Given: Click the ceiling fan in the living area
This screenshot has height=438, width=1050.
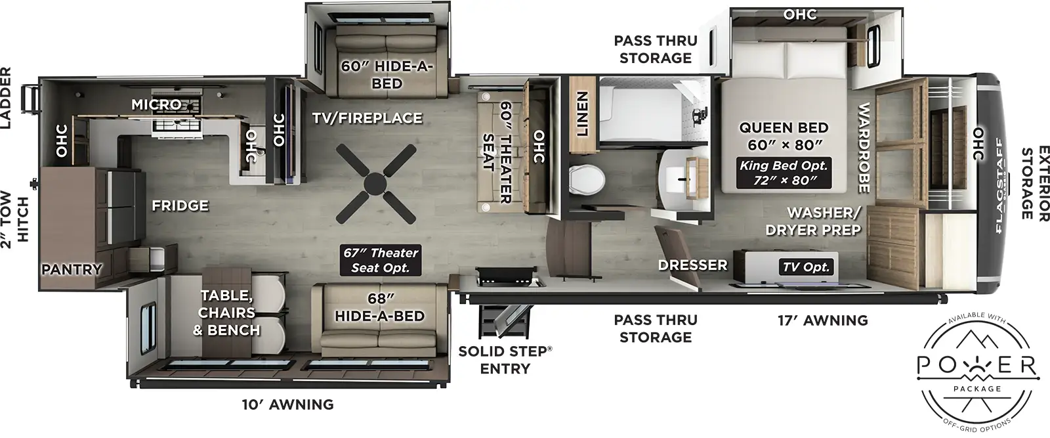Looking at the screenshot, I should click(x=376, y=183).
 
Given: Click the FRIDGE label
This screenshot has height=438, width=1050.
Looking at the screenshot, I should click(x=180, y=206).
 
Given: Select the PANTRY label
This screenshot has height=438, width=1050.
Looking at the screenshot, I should click(x=72, y=269).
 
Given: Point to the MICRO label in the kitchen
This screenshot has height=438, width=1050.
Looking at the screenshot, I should click(x=156, y=104).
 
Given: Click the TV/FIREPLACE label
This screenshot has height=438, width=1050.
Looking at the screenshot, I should click(x=367, y=118).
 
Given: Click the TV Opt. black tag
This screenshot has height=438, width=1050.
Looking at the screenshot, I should click(x=806, y=267).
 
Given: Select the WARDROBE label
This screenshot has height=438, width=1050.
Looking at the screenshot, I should click(x=864, y=148).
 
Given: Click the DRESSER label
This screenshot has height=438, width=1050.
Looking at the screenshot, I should click(x=693, y=265).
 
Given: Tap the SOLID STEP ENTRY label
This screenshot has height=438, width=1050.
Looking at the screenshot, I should click(x=505, y=360).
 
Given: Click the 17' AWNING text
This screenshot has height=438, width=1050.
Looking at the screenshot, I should click(x=822, y=320).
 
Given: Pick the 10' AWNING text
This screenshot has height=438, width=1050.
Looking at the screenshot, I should click(x=288, y=405).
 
